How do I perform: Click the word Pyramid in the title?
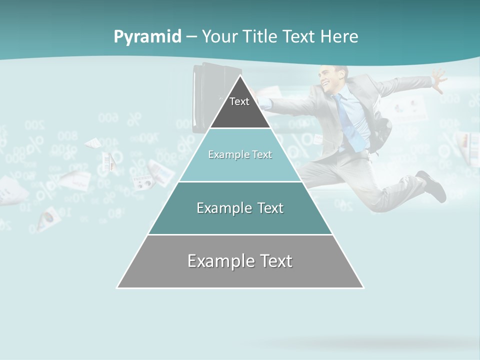(x=147, y=37)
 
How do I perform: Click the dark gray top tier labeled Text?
(x=240, y=107)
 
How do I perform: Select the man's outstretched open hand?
(x=438, y=80)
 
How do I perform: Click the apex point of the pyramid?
(x=240, y=76)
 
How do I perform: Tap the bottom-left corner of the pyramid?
(x=118, y=287)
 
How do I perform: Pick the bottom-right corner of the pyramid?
(x=363, y=287)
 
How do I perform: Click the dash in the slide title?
(x=191, y=37)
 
